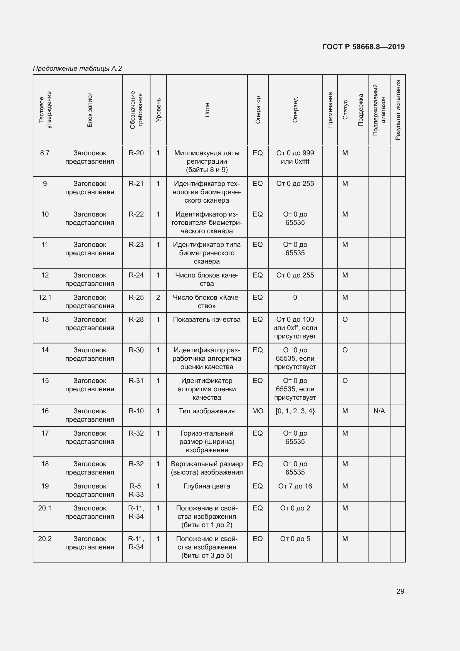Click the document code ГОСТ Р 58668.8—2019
[x=363, y=47]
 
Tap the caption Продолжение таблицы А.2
[x=77, y=68]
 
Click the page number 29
[x=400, y=591]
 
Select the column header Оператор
[x=258, y=110]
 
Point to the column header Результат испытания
[x=398, y=110]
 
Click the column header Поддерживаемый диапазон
[x=379, y=110]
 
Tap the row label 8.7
[x=45, y=153]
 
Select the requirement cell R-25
[x=136, y=298]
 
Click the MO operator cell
[x=258, y=411]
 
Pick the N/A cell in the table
[x=379, y=411]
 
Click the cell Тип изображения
[x=207, y=411]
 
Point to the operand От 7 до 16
[x=295, y=486]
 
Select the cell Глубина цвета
[x=207, y=486]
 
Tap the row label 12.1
[x=45, y=298]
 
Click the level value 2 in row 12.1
[x=158, y=298]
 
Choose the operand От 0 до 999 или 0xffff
[x=295, y=157]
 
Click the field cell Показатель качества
[x=207, y=320]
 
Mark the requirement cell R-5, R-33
[x=136, y=490]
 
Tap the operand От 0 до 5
[x=295, y=539]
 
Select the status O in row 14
[x=345, y=350]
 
